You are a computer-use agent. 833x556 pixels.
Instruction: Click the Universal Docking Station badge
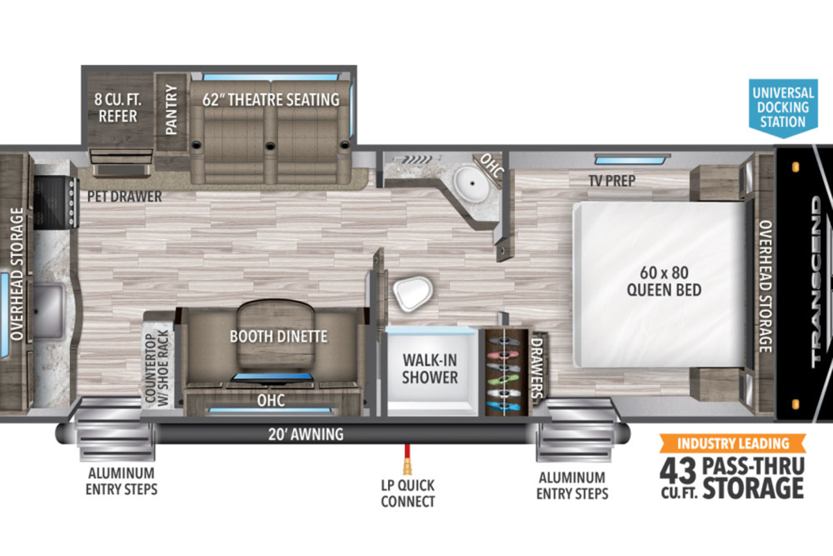pyautogui.click(x=783, y=107)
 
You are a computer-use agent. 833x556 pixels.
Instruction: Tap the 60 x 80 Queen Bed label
pyautogui.click(x=664, y=281)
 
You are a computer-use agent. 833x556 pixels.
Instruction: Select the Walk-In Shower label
pyautogui.click(x=430, y=368)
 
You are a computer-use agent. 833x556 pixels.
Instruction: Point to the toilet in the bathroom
pyautogui.click(x=413, y=293)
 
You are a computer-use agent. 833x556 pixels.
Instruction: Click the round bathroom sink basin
pyautogui.click(x=472, y=184)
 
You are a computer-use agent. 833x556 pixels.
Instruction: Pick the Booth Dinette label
pyautogui.click(x=278, y=336)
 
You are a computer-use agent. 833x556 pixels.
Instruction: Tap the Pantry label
pyautogui.click(x=171, y=110)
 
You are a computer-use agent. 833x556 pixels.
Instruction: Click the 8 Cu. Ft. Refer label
pyautogui.click(x=117, y=108)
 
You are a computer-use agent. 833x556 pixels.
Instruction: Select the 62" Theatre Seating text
pyautogui.click(x=271, y=100)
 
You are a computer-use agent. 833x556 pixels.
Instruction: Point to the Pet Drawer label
pyautogui.click(x=124, y=197)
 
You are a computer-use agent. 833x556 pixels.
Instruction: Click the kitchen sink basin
pyautogui.click(x=49, y=311)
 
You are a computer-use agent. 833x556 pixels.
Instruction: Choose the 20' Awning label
pyautogui.click(x=305, y=434)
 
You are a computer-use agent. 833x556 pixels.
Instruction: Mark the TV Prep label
pyautogui.click(x=612, y=181)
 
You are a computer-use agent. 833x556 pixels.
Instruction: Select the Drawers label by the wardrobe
pyautogui.click(x=537, y=368)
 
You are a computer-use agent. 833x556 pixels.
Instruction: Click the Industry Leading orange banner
pyautogui.click(x=733, y=443)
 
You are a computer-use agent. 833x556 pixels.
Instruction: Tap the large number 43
pyautogui.click(x=678, y=471)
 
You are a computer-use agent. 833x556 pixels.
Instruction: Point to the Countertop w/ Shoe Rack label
pyautogui.click(x=157, y=368)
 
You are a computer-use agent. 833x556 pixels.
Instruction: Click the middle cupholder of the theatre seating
pyautogui.click(x=270, y=146)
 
